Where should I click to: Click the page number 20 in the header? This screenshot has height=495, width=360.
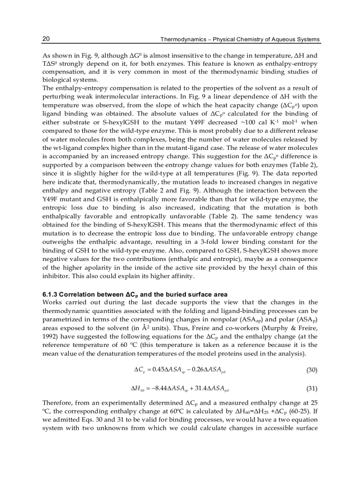coord(45,39)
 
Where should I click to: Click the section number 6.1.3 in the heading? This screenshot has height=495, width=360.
coord(50,294)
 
